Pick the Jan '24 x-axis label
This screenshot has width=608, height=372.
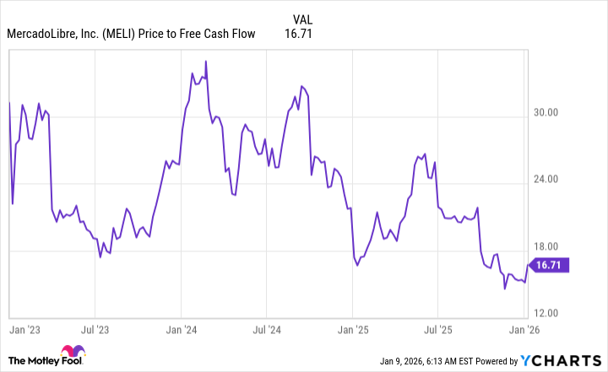[x=182, y=330]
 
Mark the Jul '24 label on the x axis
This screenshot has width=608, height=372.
[x=266, y=330]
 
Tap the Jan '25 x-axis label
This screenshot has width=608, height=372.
[x=353, y=330]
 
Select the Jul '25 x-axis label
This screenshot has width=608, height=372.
[x=437, y=330]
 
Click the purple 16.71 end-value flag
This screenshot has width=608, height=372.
[x=550, y=265]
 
